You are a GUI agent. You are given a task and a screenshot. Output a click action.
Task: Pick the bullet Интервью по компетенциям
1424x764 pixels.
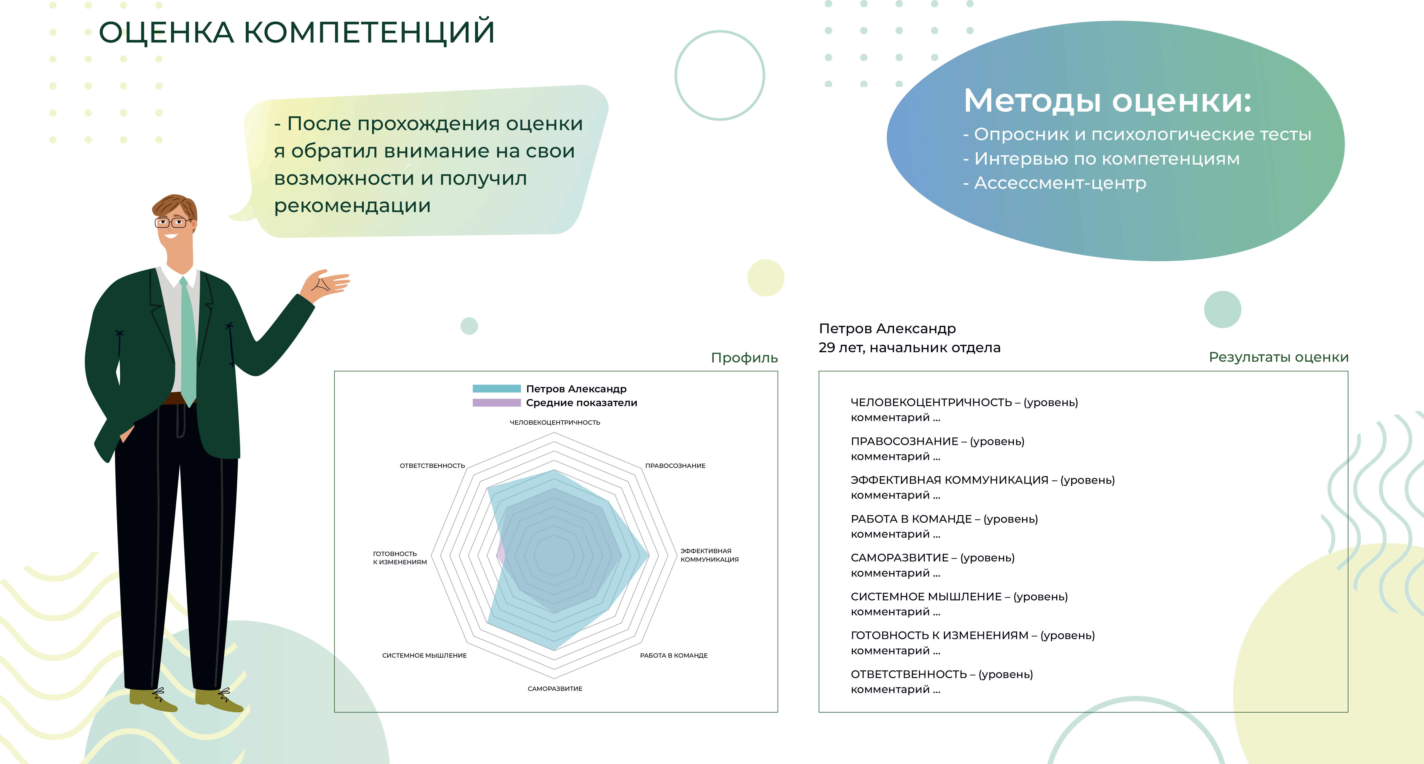click(1101, 159)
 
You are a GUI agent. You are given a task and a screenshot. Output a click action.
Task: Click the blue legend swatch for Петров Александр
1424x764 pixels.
click(497, 388)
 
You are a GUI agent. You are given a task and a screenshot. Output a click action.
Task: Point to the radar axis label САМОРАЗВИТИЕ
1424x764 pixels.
click(555, 689)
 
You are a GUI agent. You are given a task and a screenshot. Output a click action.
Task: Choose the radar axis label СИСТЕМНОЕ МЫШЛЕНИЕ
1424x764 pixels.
click(425, 655)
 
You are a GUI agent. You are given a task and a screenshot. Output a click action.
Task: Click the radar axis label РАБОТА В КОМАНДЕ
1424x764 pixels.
click(674, 655)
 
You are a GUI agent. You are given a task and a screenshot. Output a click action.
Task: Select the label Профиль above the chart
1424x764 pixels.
click(744, 358)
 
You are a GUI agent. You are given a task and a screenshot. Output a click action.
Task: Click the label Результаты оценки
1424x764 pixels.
click(1279, 357)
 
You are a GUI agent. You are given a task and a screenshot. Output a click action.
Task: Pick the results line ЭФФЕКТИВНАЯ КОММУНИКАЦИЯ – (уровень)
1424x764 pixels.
click(982, 480)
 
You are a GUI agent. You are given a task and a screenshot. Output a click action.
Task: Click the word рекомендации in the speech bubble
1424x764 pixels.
click(352, 206)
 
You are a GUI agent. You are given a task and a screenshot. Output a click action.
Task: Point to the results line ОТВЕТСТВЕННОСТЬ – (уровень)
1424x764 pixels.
click(942, 674)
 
